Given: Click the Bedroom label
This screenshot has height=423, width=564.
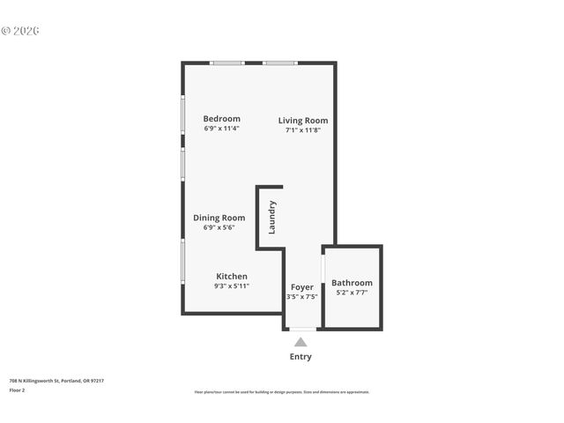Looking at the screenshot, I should (221, 119).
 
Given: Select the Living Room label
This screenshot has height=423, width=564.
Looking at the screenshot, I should (303, 121).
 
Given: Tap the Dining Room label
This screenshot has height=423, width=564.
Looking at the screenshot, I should (219, 218).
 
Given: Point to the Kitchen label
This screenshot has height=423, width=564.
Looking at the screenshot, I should (232, 276).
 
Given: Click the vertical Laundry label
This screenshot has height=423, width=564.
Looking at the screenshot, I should (272, 217).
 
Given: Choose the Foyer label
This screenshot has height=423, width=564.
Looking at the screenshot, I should (302, 287).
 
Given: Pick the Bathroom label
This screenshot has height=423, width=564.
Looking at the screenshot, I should (352, 283).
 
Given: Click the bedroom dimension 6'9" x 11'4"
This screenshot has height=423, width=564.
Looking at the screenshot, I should (221, 129).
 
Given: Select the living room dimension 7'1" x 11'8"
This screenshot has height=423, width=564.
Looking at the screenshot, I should (303, 130).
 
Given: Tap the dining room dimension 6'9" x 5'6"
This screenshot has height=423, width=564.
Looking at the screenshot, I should (219, 227).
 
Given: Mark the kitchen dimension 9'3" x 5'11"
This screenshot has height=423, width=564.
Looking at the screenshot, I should (232, 286).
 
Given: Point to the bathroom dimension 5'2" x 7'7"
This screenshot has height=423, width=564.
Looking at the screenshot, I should (352, 293).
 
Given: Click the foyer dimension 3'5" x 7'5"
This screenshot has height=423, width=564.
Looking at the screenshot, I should (301, 297).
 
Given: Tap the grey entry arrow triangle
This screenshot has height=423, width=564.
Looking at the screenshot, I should (301, 342).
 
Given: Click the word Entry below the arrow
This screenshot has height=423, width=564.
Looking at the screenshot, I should (301, 357).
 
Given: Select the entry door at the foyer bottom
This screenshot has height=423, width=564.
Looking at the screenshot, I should (302, 329).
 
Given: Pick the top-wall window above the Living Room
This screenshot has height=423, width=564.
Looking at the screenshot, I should (281, 63).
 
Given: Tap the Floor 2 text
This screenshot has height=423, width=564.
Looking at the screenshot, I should (17, 390).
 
